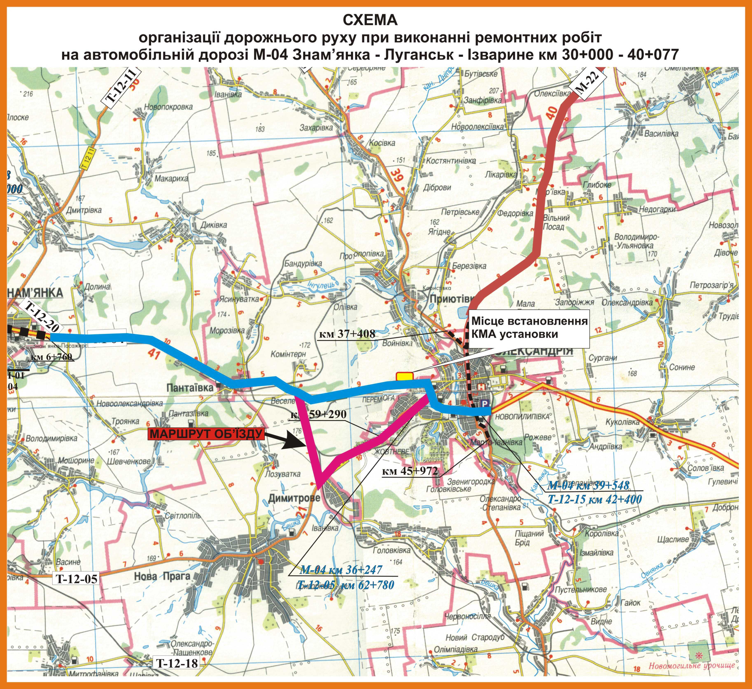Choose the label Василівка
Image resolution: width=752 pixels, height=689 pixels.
[661, 133]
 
